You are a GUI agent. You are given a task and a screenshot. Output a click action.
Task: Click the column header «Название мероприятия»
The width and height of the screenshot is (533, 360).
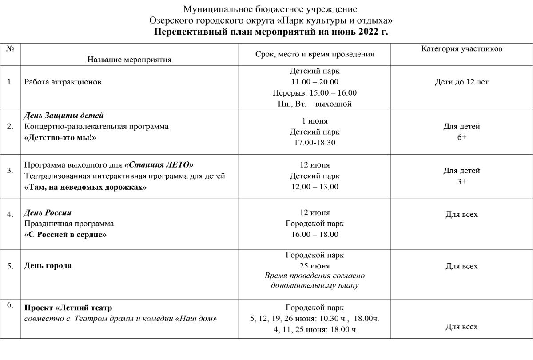[129, 60]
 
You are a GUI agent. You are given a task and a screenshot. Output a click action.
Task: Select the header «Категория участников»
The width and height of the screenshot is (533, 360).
[461, 49]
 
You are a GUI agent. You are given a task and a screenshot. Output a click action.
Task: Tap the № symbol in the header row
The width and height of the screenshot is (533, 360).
[10, 49]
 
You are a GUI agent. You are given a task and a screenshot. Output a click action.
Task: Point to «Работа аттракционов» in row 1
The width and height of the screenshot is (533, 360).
[63, 82]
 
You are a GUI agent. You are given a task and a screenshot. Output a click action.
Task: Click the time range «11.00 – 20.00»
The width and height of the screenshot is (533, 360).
[314, 82]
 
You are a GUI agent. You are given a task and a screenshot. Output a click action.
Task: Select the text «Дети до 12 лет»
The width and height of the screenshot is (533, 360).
[461, 82]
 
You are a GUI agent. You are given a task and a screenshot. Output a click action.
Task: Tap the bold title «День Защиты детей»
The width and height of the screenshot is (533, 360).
[64, 116]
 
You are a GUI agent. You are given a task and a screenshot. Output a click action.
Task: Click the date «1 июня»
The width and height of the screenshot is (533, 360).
[314, 121]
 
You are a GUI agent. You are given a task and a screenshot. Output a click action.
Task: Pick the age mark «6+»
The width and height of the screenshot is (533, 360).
[461, 138]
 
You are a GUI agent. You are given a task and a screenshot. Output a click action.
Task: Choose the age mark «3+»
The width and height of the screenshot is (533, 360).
[461, 181]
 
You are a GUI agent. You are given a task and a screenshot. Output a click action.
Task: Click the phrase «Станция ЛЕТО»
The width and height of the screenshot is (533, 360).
[159, 165]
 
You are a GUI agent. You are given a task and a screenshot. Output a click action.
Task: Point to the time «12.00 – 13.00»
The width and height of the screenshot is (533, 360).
[314, 187]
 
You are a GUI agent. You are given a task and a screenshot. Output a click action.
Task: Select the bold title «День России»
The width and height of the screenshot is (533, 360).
[48, 213]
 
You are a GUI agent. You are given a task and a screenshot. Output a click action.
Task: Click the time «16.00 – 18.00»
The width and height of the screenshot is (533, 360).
[314, 235]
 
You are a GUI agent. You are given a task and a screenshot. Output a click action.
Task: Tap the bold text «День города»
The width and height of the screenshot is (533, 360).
[48, 266]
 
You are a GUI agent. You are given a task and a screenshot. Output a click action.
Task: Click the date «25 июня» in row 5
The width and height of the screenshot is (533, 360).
[314, 266]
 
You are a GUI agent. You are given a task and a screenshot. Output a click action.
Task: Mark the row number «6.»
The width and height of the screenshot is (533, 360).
[10, 304]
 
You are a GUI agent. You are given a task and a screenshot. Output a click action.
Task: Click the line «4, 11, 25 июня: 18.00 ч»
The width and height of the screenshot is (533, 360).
[314, 330]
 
